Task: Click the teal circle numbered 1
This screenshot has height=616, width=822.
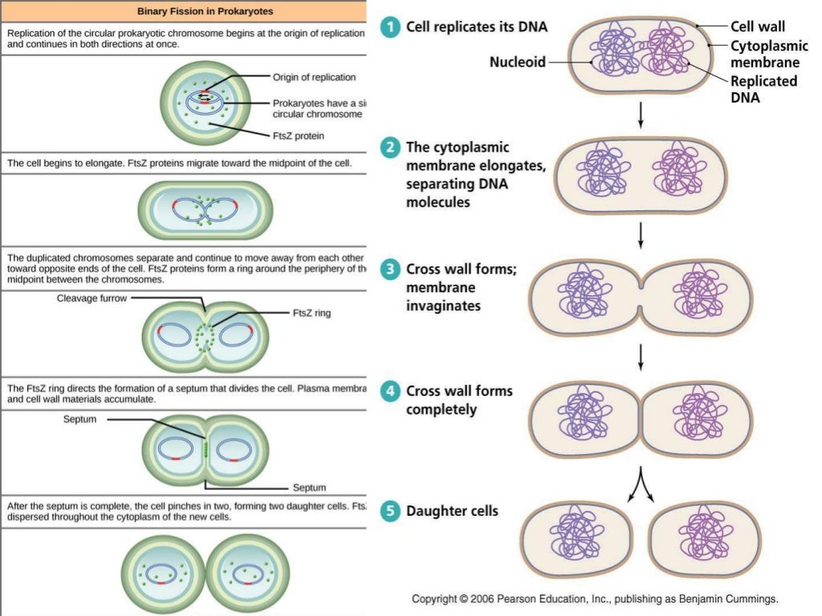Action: pyautogui.click(x=390, y=26)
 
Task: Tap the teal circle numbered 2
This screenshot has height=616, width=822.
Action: pyautogui.click(x=390, y=148)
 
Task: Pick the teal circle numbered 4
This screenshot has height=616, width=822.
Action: pyautogui.click(x=390, y=392)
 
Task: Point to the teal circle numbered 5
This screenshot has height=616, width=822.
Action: pyautogui.click(x=390, y=511)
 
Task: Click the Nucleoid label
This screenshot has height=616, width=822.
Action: pyautogui.click(x=518, y=62)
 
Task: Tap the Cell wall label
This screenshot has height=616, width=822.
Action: pyautogui.click(x=757, y=26)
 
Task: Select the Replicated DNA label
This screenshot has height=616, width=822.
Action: pyautogui.click(x=763, y=89)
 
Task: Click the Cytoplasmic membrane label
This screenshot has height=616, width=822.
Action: pyautogui.click(x=763, y=54)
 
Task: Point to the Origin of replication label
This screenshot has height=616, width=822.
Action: pyautogui.click(x=314, y=78)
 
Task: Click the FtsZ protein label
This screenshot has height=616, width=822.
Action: pyautogui.click(x=299, y=136)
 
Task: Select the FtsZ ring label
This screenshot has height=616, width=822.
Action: pyautogui.click(x=311, y=314)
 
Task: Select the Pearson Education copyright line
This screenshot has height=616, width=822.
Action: pyautogui.click(x=594, y=599)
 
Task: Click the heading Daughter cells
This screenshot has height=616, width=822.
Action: pyautogui.click(x=452, y=511)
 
